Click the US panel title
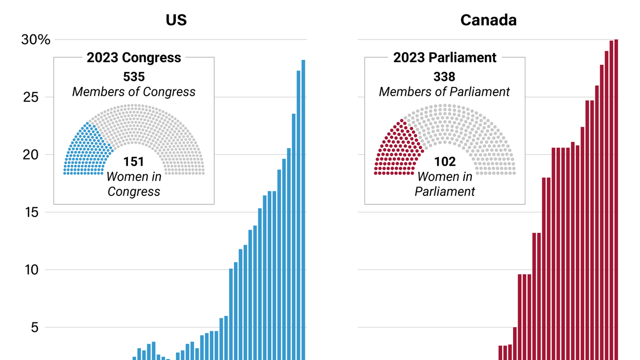coord(176,20)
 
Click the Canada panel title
coord(488,20)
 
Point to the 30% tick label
coord(35,40)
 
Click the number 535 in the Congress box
coord(134,77)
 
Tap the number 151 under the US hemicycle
coord(134,162)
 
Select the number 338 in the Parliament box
coord(444,77)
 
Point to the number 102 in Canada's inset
coord(445,162)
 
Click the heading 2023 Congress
coord(134,58)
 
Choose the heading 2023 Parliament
coord(445,58)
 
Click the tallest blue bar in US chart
coord(303,206)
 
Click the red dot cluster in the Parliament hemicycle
coord(397,150)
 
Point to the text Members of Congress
coord(134,92)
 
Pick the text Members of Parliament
coord(444,92)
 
